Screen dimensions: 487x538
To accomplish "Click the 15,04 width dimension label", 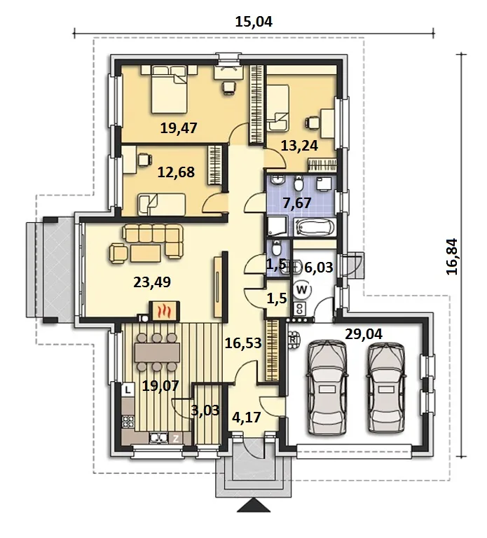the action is coord(254,22).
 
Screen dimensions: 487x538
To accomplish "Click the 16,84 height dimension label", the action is coord(452,256).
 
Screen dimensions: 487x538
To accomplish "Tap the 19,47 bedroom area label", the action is coord(179,128).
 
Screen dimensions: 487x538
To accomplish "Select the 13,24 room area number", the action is coord(299,146).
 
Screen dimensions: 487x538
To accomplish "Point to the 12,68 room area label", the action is coord(176,172).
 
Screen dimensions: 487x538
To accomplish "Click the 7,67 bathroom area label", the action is coord(297,203).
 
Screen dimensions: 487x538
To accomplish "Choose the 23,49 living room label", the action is coord(152,282).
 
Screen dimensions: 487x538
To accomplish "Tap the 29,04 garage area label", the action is coord(364,334).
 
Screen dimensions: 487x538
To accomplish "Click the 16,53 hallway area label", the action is coord(243,343).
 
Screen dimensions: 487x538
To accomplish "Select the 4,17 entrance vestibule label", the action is coord(247,418).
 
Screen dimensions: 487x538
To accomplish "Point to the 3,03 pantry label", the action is coord(205,410).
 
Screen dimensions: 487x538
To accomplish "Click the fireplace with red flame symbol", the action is coord(164,312).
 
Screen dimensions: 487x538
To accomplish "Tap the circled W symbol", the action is coord(302,290).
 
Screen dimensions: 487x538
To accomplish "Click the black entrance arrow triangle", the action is coord(253,506).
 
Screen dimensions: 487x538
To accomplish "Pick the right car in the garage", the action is coord(387,387).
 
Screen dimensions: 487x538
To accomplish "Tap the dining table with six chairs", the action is coord(158,352).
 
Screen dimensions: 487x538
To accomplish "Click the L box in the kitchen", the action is coord(128,390).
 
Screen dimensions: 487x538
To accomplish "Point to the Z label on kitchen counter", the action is coord(176,438).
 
